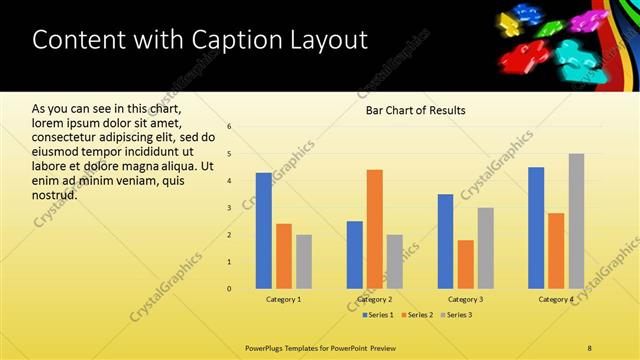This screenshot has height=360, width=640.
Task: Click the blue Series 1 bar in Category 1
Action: pyautogui.click(x=264, y=231)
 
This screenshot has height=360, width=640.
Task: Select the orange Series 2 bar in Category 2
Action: pyautogui.click(x=375, y=229)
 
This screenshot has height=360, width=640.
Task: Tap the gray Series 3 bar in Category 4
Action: pyautogui.click(x=577, y=221)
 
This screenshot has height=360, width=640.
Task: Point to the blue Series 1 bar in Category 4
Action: pyautogui.click(x=536, y=228)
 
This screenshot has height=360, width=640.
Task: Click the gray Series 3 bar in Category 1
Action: pyautogui.click(x=304, y=262)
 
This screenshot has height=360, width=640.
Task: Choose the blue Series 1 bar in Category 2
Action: pyautogui.click(x=355, y=255)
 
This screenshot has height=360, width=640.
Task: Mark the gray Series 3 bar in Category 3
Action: pyautogui.click(x=486, y=248)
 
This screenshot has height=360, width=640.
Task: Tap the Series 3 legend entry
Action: pyautogui.click(x=457, y=315)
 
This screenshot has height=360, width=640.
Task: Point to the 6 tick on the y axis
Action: pyautogui.click(x=230, y=127)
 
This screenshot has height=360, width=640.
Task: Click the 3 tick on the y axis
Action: pyautogui.click(x=230, y=208)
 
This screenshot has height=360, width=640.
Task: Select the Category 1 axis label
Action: pyautogui.click(x=284, y=299)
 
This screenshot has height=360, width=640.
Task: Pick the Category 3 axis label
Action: pyautogui.click(x=466, y=299)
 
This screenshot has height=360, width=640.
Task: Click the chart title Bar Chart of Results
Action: pyautogui.click(x=415, y=110)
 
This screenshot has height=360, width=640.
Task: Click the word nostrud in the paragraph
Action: pyautogui.click(x=55, y=194)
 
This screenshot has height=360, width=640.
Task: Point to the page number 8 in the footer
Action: pyautogui.click(x=590, y=347)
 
